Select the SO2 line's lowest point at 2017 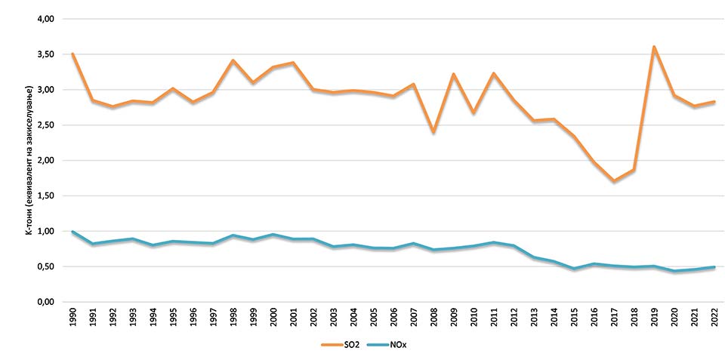tap(613, 181)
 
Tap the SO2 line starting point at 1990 tap(73, 54)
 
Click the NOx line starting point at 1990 tap(73, 232)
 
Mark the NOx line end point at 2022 tap(714, 267)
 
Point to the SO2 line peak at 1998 tap(233, 60)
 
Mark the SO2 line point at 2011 tap(493, 73)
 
